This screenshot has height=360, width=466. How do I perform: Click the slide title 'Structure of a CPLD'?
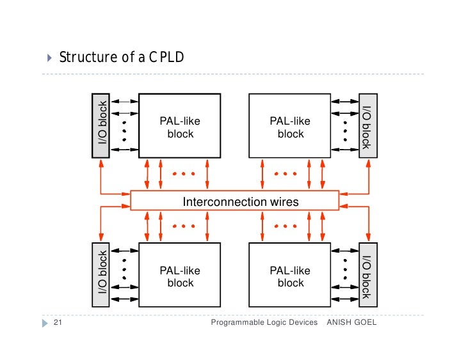point(122,58)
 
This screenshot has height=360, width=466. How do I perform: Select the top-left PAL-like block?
point(180,126)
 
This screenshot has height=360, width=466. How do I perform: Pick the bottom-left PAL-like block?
point(180,275)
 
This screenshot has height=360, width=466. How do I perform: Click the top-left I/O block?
point(101,126)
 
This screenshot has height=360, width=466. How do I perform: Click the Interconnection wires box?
point(234,201)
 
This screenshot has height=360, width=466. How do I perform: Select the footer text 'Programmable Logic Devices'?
point(264,323)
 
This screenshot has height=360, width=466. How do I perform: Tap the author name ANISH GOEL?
point(351,323)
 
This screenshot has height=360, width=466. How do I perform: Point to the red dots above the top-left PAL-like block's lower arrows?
point(183,174)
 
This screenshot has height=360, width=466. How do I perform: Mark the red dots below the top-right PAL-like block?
point(285,174)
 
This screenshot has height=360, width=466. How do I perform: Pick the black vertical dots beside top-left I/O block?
point(124,126)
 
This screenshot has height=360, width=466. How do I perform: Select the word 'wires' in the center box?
point(284,201)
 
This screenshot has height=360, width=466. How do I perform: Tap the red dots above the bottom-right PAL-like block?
point(285,226)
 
